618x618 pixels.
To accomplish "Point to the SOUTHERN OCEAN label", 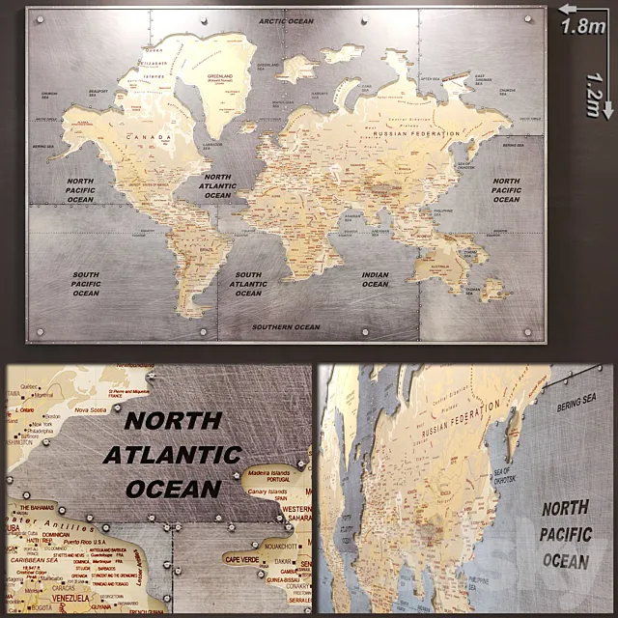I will [286, 327].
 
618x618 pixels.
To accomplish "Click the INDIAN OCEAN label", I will [376, 280].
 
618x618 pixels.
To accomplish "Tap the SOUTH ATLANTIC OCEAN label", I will [248, 283].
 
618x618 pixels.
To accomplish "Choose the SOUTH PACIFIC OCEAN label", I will [86, 284].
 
